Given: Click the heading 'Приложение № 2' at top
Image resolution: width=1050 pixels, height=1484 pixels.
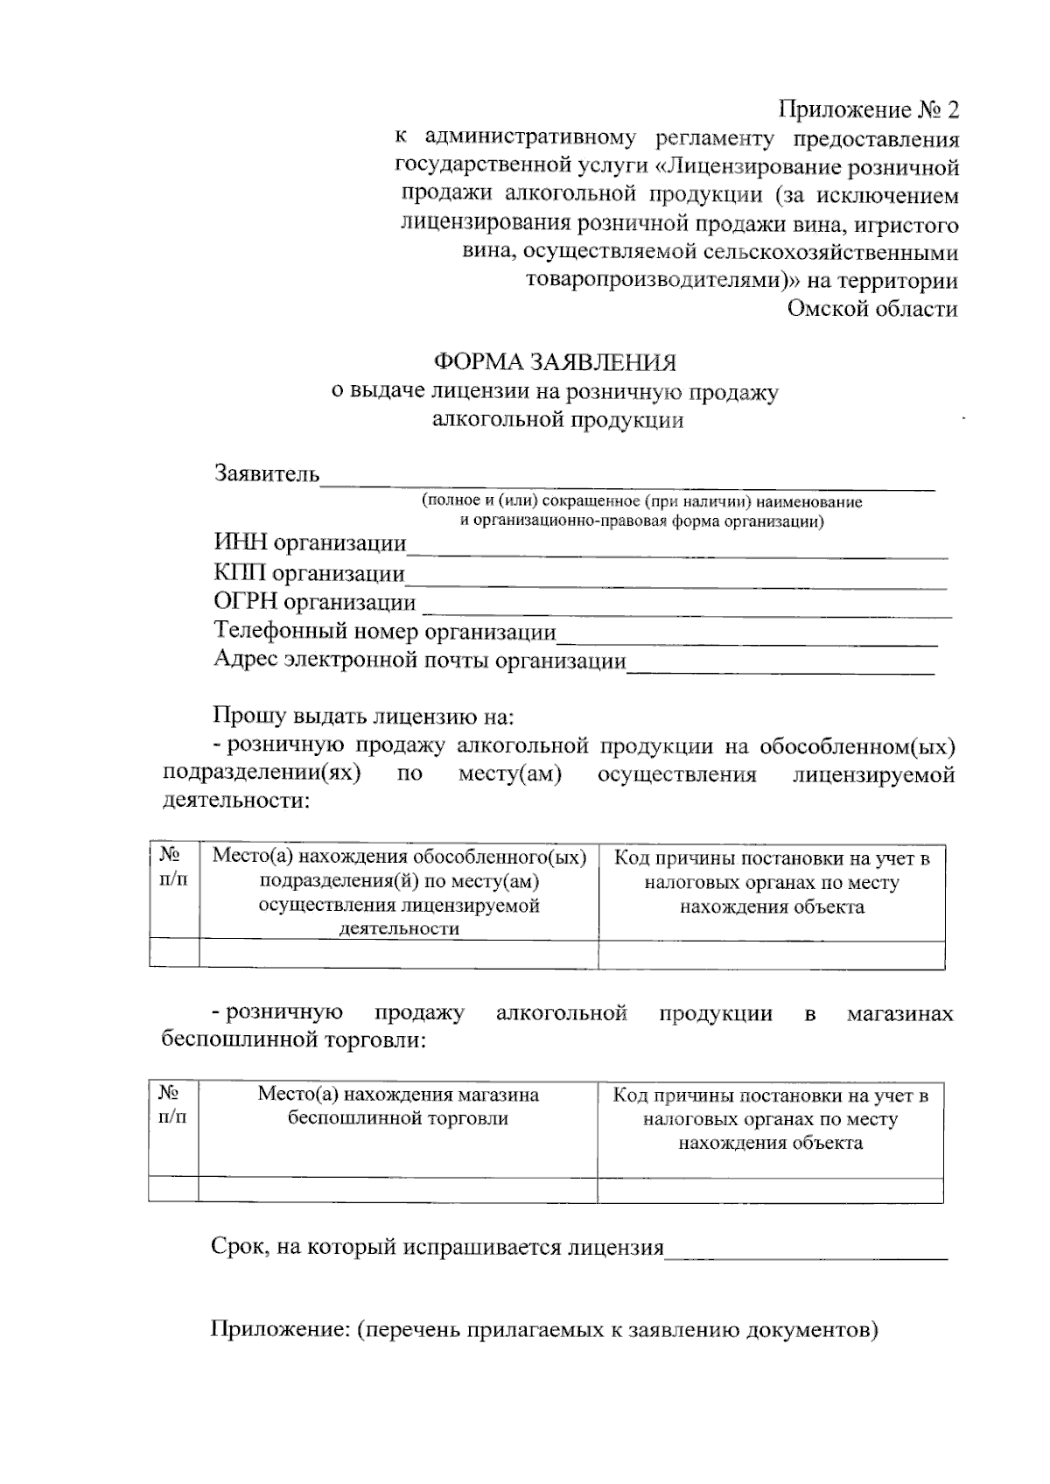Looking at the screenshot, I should point(869,110).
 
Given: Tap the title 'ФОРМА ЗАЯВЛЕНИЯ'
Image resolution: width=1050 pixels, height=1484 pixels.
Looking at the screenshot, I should point(556,361).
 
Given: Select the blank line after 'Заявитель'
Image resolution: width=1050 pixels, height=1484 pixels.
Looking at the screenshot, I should point(626,477).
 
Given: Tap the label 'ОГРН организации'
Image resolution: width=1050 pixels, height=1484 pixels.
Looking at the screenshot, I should point(315,603).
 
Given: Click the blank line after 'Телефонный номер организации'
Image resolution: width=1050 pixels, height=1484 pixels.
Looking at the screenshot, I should point(746,634).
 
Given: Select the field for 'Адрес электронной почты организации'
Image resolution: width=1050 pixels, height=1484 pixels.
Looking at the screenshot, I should point(780,663).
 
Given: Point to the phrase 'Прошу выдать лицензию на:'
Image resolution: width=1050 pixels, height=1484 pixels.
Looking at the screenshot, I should point(364,717).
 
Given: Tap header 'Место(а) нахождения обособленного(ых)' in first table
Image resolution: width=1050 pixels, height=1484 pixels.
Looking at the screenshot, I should point(399,857).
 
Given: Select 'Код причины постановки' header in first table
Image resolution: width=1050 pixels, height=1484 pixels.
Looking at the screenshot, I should point(772,858).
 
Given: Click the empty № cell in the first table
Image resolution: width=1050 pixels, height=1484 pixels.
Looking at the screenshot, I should point(174,955).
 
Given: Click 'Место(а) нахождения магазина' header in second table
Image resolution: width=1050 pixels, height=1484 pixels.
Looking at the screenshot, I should point(398,1095).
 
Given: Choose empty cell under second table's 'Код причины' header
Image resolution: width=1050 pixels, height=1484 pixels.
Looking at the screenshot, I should point(770,1190).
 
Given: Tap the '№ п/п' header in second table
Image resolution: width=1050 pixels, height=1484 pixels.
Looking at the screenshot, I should point(172,1105).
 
